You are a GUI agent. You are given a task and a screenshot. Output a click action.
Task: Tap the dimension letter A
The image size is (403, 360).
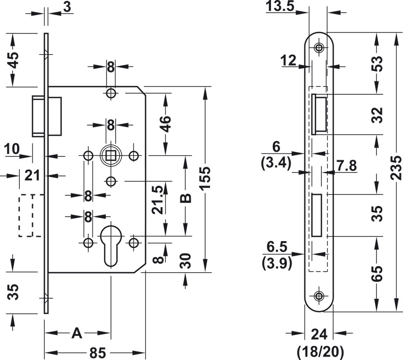coord(77,333)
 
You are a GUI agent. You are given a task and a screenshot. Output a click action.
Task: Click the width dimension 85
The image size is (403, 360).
coord(98,354)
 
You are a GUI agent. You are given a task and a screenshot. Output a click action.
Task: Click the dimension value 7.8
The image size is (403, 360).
coord(346,166)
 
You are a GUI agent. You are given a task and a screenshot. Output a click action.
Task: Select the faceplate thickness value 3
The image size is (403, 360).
coord(67,6)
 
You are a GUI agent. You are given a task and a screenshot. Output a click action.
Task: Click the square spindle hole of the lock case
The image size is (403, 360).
coord(111,156)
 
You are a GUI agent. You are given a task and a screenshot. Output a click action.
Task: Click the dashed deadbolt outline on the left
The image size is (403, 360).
coord(29,216)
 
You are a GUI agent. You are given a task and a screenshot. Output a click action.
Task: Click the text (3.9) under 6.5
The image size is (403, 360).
coord(276,263)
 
